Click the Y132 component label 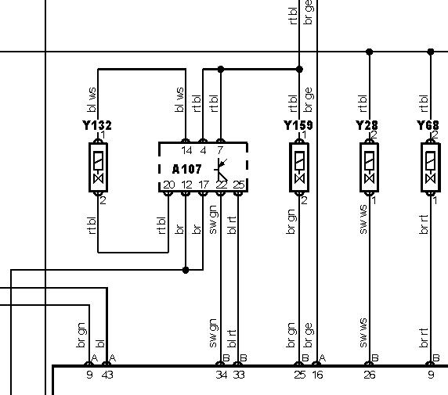pyautogui.click(x=97, y=125)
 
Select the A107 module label pyautogui.click(x=187, y=169)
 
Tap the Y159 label pyautogui.click(x=298, y=125)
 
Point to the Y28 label pyautogui.click(x=367, y=125)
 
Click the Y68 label pyautogui.click(x=428, y=125)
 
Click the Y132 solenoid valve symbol pyautogui.click(x=98, y=167)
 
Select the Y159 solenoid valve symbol pyautogui.click(x=299, y=167)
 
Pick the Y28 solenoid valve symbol pyautogui.click(x=369, y=167)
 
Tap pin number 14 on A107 pyautogui.click(x=186, y=150)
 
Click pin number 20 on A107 pyautogui.click(x=169, y=185)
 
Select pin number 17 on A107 pyautogui.click(x=204, y=185)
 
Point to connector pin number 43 pyautogui.click(x=107, y=375)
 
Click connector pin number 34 pyautogui.click(x=222, y=375)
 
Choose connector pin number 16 pyautogui.click(x=317, y=375)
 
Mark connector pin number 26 pyautogui.click(x=370, y=375)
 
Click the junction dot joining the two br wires pyautogui.click(x=186, y=270)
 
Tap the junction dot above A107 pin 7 pyautogui.click(x=221, y=69)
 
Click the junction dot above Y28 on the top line pyautogui.click(x=369, y=52)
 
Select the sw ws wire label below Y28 pyautogui.click(x=363, y=220)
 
